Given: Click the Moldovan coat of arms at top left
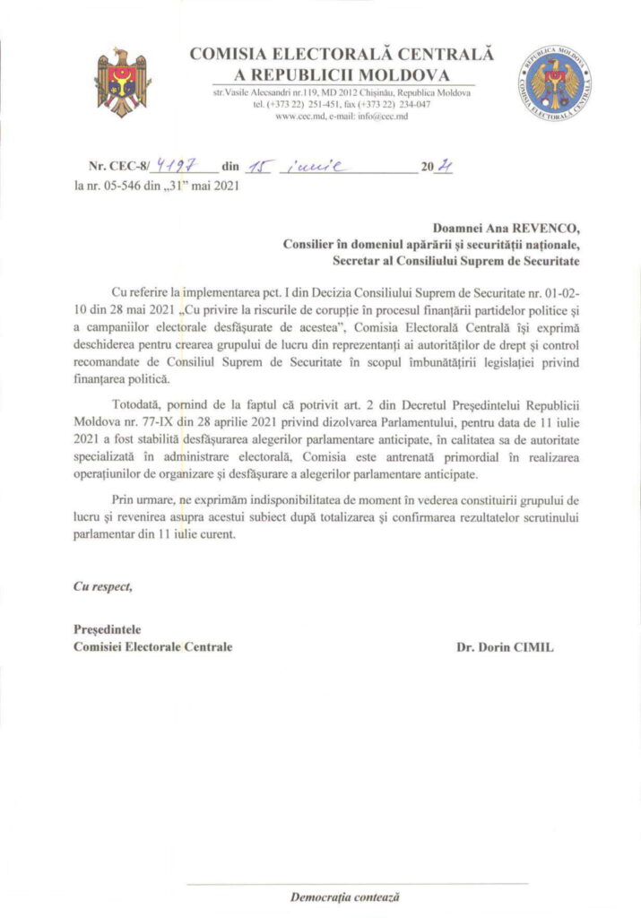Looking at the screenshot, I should click(124, 80).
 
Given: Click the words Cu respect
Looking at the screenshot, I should click(103, 586).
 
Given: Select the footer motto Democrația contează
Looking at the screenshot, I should click(344, 896).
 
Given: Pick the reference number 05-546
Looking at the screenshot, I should click(129, 186).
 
